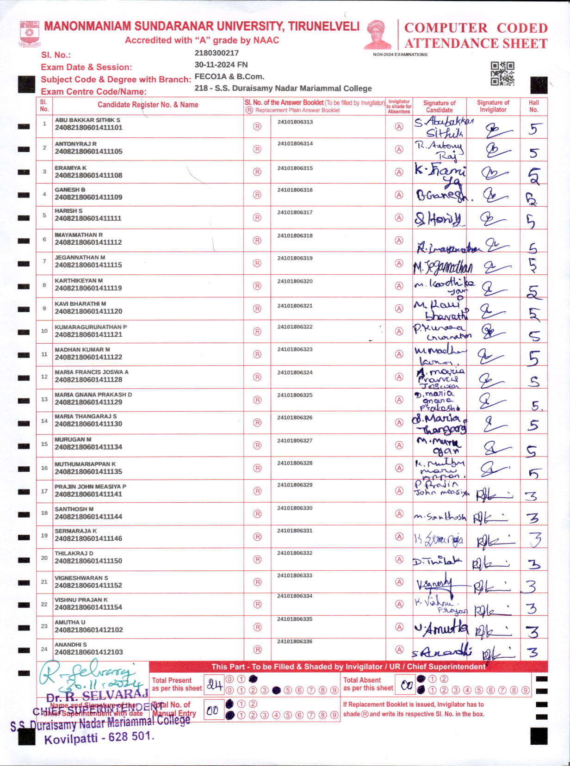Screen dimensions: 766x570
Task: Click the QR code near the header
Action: [x=502, y=74]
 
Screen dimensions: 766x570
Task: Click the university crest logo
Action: [x=30, y=33]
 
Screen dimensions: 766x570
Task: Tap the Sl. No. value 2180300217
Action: [x=217, y=53]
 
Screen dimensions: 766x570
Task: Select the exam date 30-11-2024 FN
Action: [x=221, y=65]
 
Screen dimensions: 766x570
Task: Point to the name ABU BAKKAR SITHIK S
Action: [x=87, y=120]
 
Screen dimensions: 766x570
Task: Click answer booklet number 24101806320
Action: [x=295, y=281]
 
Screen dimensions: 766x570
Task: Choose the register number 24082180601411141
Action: [x=88, y=494]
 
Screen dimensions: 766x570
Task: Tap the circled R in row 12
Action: [x=257, y=377]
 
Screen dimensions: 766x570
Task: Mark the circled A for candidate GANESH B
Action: [x=399, y=195]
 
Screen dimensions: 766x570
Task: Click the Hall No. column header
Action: [x=533, y=106]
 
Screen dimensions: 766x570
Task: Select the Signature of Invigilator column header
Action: [x=493, y=106]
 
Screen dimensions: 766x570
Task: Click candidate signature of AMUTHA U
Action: [x=441, y=628]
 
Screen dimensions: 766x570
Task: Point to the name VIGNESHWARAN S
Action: [x=81, y=578]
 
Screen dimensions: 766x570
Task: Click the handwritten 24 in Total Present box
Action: [x=214, y=685]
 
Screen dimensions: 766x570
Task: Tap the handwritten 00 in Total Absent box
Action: [x=406, y=685]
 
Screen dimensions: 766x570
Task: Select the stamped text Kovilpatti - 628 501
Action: [x=98, y=737]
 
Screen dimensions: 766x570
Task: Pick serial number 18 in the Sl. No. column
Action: [x=44, y=513]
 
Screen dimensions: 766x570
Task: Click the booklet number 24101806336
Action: [x=295, y=642]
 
